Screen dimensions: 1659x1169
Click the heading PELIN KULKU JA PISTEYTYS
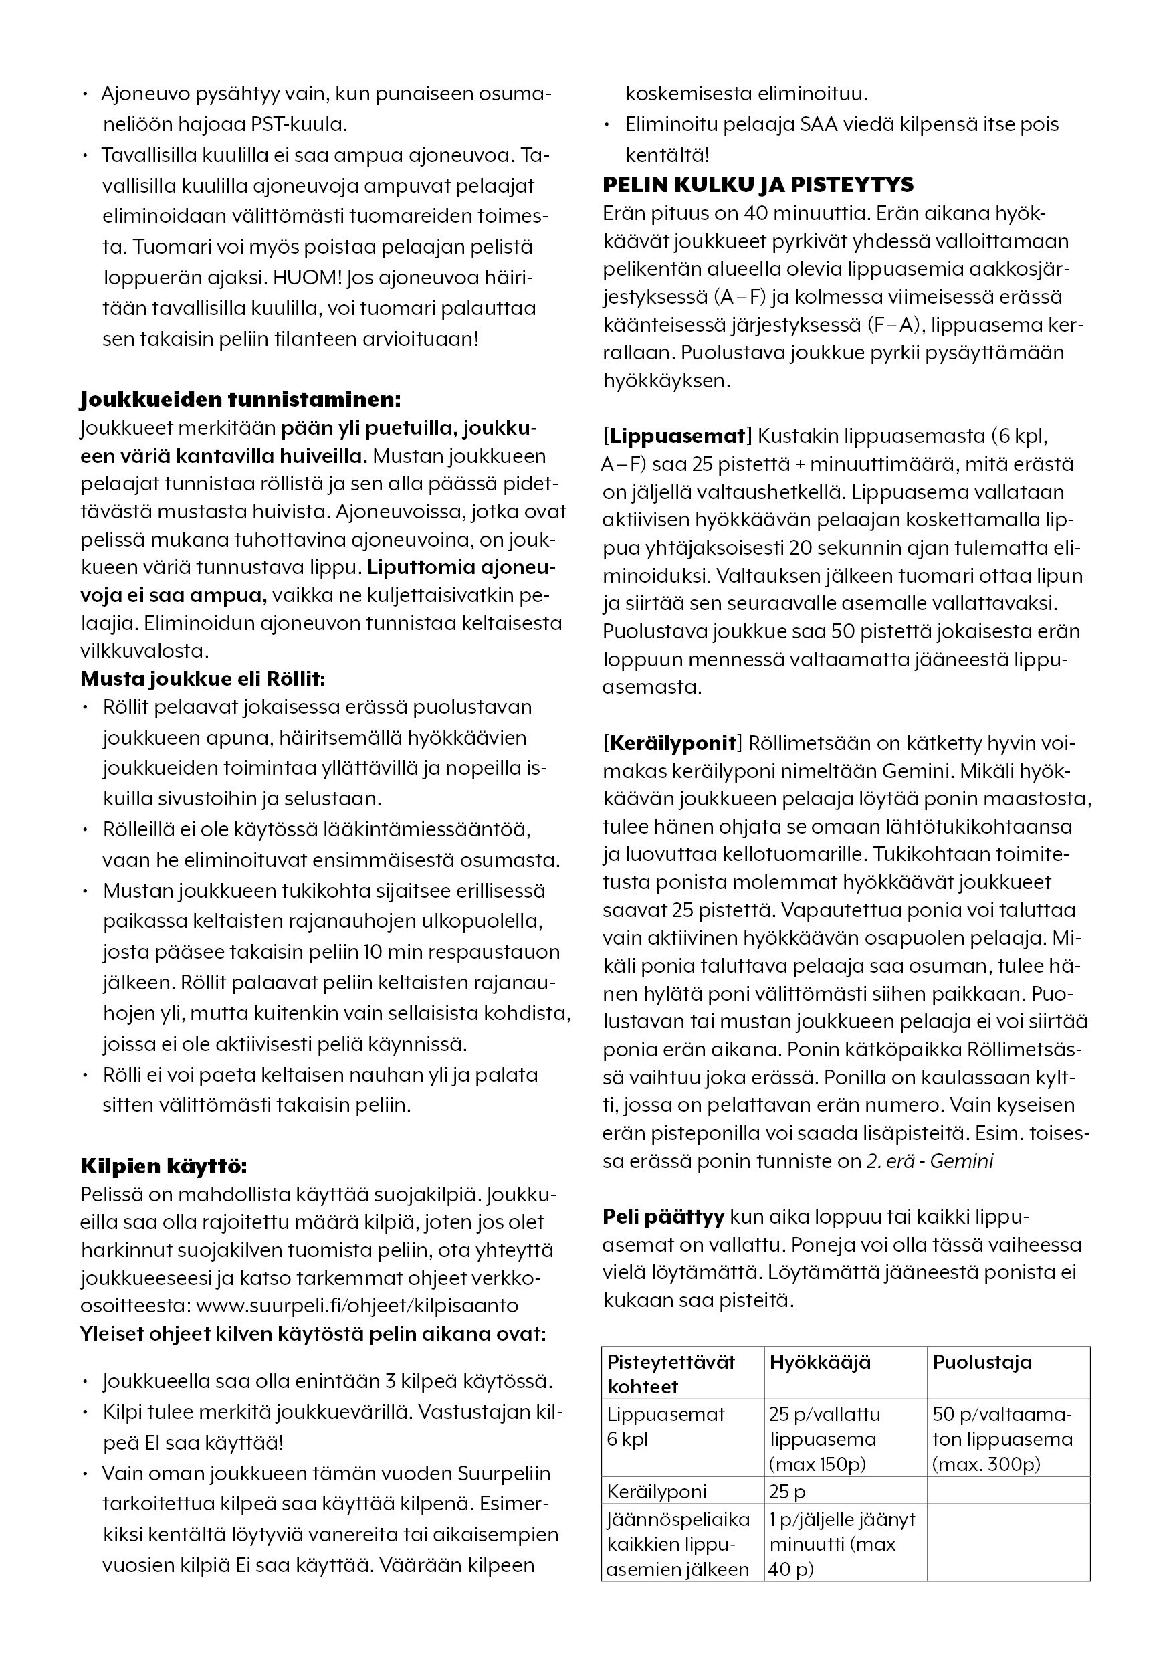tap(758, 185)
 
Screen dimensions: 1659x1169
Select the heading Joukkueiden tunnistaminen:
tap(240, 399)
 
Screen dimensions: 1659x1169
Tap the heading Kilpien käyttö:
tap(163, 1166)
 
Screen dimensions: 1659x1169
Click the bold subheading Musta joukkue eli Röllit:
tap(203, 678)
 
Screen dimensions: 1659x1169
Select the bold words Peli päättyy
tap(663, 1217)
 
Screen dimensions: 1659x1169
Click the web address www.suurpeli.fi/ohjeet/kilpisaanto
tap(357, 1306)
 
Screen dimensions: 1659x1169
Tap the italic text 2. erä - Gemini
tap(929, 1161)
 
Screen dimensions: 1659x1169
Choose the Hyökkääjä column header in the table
tap(820, 1362)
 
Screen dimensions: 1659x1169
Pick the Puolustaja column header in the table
tap(982, 1362)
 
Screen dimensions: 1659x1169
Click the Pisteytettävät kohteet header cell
tap(671, 1373)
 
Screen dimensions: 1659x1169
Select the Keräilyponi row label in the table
tap(657, 1491)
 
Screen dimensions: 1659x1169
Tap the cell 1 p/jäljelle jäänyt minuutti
tap(842, 1544)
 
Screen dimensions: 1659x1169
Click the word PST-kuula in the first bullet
tap(298, 124)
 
